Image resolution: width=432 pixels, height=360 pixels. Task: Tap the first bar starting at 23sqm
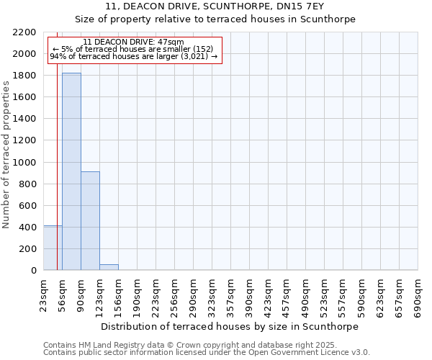[x=53, y=248]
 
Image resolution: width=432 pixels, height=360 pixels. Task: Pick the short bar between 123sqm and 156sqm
[x=109, y=267]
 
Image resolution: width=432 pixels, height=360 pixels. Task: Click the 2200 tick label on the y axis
[x=24, y=32]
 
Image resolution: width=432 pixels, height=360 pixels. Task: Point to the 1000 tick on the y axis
[x=24, y=163]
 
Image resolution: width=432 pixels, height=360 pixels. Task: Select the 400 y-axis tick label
[x=27, y=228]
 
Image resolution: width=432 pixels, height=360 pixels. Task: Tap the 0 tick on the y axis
[x=33, y=271]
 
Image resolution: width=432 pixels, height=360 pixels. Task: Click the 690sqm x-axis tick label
[x=418, y=296]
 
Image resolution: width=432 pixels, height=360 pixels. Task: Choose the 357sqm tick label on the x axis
[x=231, y=296]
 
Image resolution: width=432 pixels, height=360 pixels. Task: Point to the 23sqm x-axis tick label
[x=44, y=296]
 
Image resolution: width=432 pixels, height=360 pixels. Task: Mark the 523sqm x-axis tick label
[x=325, y=296]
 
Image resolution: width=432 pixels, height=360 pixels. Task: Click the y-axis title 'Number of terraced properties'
[x=6, y=155]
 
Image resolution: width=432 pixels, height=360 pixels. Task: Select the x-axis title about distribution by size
[x=230, y=326]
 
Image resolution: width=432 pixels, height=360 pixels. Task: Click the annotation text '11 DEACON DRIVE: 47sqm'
[x=133, y=42]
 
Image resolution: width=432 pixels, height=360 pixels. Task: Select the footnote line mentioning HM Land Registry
[x=189, y=345]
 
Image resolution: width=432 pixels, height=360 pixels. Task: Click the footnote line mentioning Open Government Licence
[x=207, y=353]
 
